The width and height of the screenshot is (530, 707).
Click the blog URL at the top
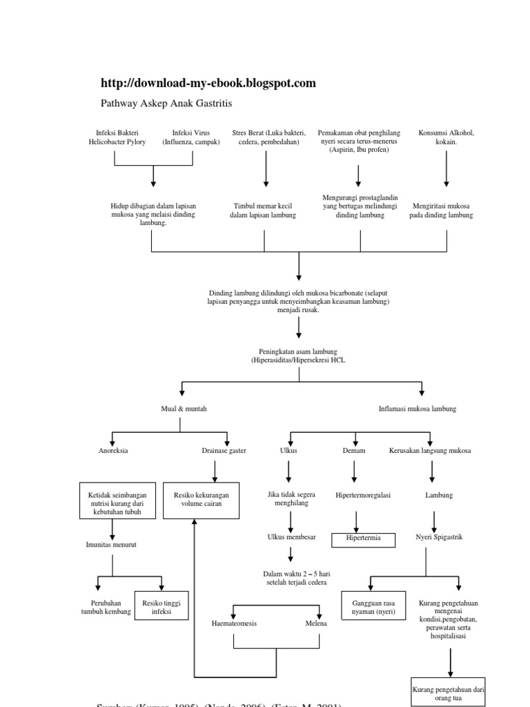(x=208, y=84)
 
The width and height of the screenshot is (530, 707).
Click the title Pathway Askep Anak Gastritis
(x=166, y=104)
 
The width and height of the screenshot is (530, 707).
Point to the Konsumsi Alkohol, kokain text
(x=446, y=137)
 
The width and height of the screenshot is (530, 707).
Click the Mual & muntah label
(x=184, y=409)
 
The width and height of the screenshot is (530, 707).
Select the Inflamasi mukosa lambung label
(x=418, y=409)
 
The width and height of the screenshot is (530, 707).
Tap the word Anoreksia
(x=113, y=451)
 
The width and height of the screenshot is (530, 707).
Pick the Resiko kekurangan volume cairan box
(x=201, y=501)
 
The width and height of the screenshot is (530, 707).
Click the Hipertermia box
(x=364, y=539)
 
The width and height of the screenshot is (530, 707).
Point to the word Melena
(x=317, y=623)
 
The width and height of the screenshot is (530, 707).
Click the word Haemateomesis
(x=234, y=623)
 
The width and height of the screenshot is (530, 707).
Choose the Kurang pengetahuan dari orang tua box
(x=449, y=691)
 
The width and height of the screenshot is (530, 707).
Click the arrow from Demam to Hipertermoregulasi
(x=355, y=472)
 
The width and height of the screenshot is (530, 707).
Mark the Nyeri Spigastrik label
(x=434, y=536)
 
